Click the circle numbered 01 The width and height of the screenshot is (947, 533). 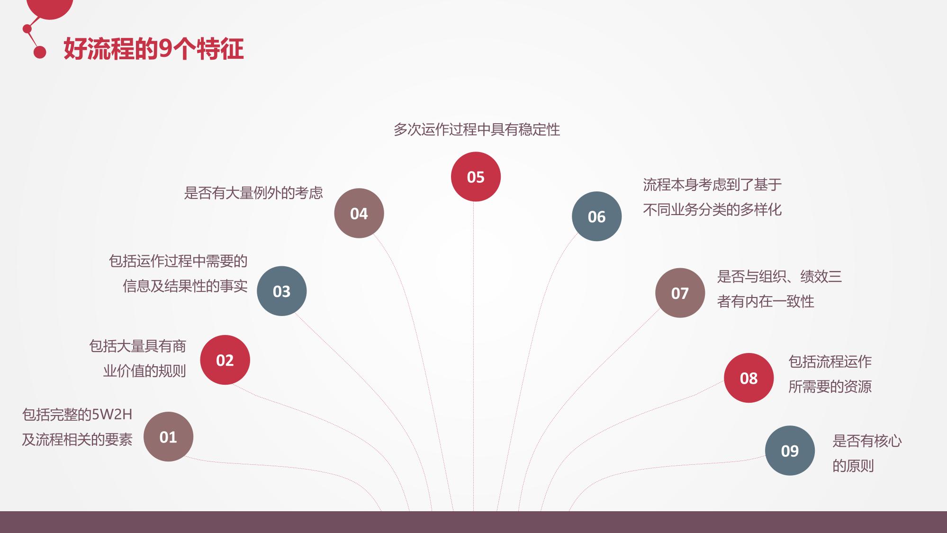(168, 436)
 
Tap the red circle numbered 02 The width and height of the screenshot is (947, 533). (225, 360)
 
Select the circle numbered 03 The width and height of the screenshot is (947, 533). (282, 291)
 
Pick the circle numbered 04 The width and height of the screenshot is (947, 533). (359, 213)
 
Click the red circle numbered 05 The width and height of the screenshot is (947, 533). (476, 177)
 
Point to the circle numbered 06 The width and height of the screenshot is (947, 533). (597, 217)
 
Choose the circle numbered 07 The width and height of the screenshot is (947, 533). (680, 293)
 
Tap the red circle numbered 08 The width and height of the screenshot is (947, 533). (749, 378)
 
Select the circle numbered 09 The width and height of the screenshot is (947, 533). (790, 451)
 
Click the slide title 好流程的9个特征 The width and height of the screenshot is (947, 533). (154, 49)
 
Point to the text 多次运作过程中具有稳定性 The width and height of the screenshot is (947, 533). (477, 129)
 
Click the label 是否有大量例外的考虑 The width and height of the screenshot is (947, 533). (253, 193)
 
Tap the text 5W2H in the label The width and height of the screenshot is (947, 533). (112, 415)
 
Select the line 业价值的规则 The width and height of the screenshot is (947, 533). (144, 371)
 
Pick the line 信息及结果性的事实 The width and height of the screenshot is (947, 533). (185, 286)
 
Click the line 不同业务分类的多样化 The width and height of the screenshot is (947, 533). (713, 209)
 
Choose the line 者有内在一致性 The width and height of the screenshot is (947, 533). (766, 301)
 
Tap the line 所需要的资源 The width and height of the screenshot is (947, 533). (830, 387)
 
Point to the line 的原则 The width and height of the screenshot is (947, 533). (853, 466)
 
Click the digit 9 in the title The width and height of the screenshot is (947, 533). (165, 49)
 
